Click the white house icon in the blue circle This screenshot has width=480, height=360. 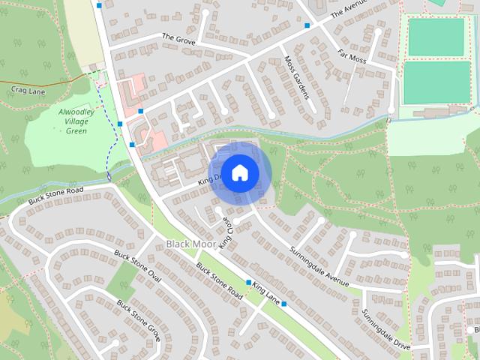click(239, 172)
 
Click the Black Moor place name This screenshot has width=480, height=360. click(190, 244)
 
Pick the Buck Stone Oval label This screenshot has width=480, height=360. click(138, 266)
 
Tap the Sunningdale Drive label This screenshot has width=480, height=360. click(385, 330)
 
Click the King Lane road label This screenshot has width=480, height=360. click(266, 293)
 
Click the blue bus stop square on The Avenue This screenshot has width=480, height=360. click(307, 25)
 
